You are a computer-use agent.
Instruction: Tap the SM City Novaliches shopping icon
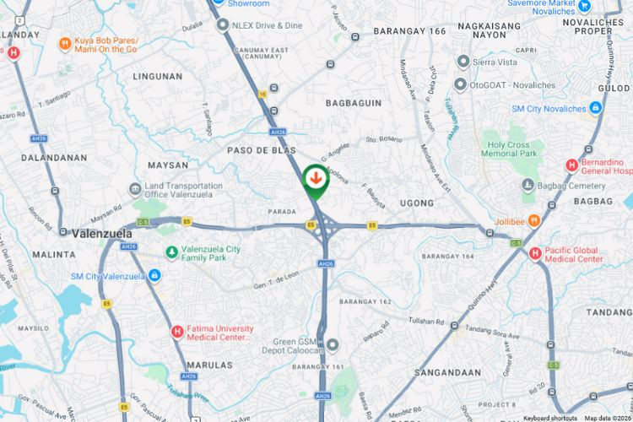click(596, 108)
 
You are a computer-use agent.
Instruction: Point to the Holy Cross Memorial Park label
click(511, 149)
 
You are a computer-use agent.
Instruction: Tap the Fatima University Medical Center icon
click(177, 332)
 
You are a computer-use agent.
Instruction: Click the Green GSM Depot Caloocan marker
click(333, 344)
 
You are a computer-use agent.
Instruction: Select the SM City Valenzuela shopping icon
click(154, 276)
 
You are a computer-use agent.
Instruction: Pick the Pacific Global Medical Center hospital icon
click(534, 252)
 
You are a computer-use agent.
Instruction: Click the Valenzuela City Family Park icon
click(172, 252)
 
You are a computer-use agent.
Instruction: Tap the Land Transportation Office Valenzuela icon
click(136, 190)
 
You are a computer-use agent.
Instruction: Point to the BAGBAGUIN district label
click(354, 103)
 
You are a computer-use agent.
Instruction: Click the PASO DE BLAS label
click(262, 149)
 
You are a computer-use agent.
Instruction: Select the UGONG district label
click(416, 203)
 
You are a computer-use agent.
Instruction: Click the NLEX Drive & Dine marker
click(223, 25)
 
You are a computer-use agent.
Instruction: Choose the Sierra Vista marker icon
click(463, 62)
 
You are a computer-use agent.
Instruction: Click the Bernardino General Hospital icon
click(571, 165)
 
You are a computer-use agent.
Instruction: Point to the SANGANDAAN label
click(447, 372)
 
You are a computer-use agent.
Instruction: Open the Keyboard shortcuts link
click(549, 418)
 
